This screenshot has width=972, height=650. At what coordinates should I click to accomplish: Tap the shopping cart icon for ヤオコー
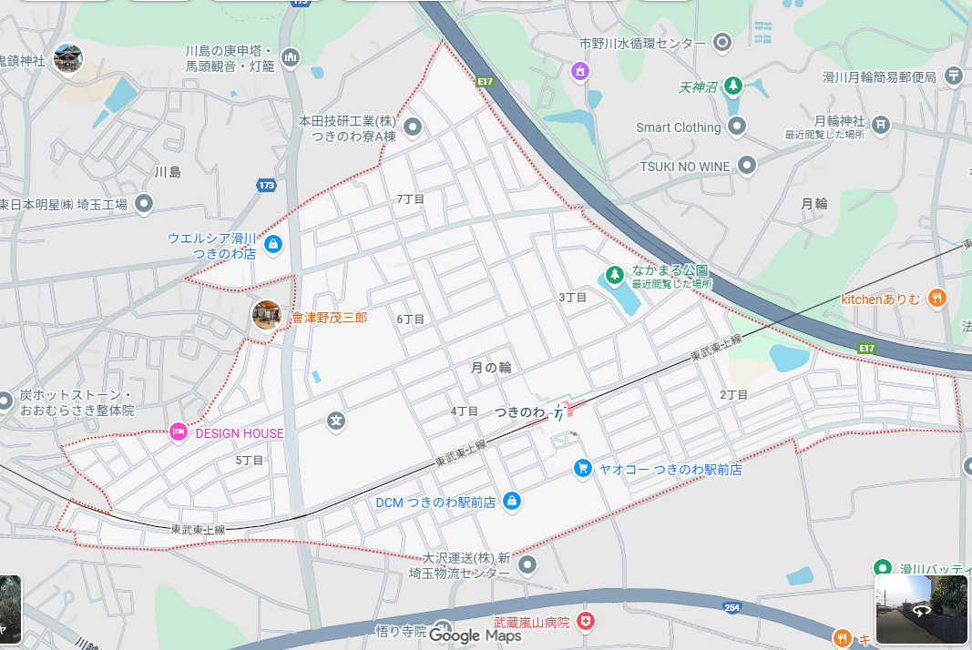(583, 468)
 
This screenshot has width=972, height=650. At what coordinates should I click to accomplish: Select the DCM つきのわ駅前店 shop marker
(512, 501)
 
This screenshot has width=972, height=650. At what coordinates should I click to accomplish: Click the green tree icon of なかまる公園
(616, 274)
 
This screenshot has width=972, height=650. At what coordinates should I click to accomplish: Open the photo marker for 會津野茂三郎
(267, 316)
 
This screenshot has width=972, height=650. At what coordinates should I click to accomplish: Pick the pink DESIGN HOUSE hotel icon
(179, 432)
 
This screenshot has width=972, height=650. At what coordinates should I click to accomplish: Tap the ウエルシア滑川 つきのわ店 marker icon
(272, 244)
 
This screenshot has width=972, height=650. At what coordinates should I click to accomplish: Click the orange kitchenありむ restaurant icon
(936, 298)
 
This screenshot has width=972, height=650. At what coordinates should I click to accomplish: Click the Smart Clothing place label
(678, 127)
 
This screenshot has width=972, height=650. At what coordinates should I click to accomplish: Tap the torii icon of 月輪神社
(880, 124)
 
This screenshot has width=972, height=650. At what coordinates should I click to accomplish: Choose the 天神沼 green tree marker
(733, 87)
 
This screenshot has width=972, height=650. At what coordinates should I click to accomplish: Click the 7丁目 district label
(410, 198)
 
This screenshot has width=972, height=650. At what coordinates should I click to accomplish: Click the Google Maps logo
(475, 635)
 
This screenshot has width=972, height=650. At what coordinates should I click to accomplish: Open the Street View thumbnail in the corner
(921, 609)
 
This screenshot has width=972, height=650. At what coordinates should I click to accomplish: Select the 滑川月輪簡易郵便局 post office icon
(954, 76)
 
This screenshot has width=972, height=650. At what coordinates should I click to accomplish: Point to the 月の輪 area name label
(491, 368)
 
